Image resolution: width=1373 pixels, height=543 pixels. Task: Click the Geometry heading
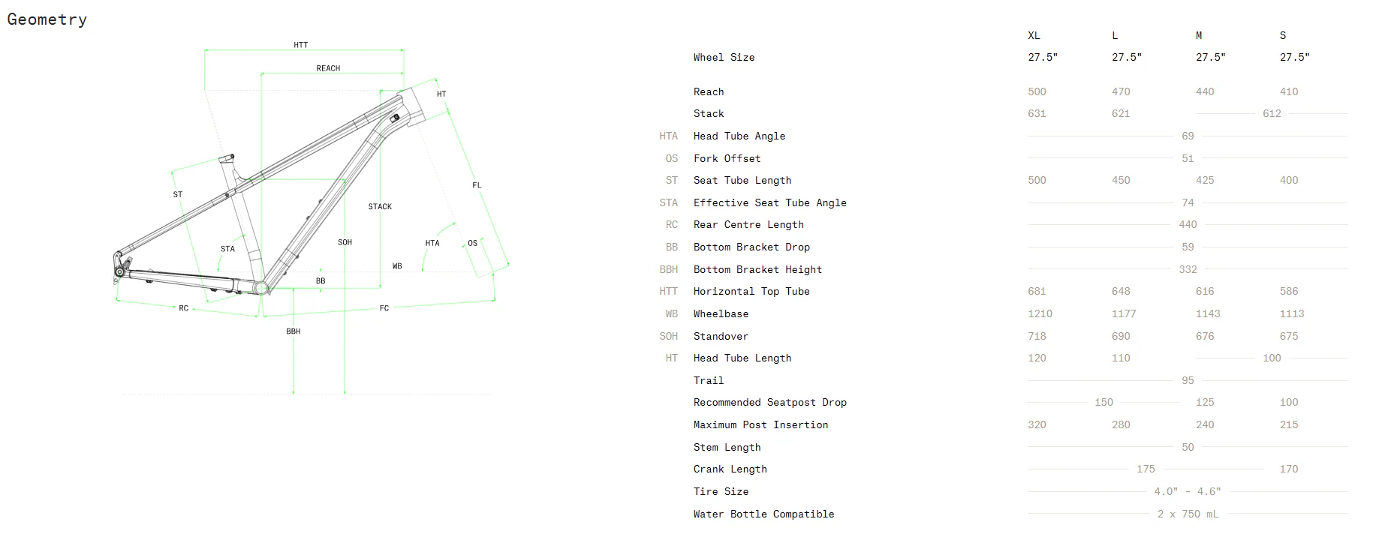[47, 19]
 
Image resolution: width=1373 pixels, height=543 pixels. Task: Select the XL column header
[1034, 35]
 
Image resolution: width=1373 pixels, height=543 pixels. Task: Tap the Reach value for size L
[1121, 91]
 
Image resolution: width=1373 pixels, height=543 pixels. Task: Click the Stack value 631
[1037, 113]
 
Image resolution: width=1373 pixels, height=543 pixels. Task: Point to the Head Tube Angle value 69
[1188, 136]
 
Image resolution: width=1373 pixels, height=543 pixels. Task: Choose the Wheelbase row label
[721, 313]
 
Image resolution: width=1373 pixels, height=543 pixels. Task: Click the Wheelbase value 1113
[1292, 313]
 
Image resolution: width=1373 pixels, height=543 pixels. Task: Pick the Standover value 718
[1037, 336]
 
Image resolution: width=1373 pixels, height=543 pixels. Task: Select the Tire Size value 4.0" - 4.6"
[1188, 491]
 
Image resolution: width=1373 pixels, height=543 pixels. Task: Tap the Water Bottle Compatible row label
[763, 514]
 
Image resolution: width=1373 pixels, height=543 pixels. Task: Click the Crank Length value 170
[1289, 469]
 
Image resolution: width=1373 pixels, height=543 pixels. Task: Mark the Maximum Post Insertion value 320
[1037, 424]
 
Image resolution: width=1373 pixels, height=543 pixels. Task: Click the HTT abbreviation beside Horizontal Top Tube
[668, 291]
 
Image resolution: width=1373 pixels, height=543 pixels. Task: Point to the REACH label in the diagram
[328, 68]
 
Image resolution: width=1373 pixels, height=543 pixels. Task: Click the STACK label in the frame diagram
[380, 206]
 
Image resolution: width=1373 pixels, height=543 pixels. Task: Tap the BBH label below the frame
[293, 331]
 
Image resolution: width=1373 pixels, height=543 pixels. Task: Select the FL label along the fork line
[477, 185]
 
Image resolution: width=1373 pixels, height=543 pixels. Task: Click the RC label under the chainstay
[184, 308]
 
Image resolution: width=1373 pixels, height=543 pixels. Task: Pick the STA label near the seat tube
[227, 249]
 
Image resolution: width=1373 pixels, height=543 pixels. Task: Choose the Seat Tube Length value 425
[1205, 180]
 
